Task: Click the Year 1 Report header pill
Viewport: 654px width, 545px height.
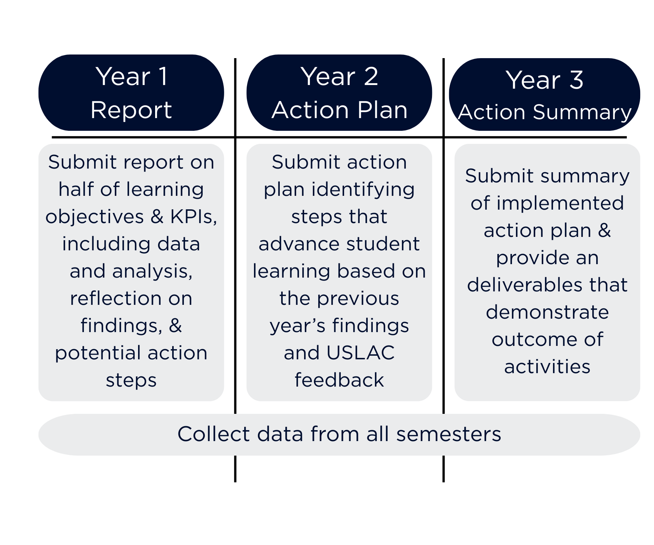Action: (131, 93)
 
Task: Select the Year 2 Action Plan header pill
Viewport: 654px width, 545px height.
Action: (339, 93)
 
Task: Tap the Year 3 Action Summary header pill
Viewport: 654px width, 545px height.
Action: (544, 94)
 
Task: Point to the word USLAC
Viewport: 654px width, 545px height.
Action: (360, 353)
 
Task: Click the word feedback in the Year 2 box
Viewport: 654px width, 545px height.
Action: (339, 380)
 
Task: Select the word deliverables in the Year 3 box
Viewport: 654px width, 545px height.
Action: (526, 285)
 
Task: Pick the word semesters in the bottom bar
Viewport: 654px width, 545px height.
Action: (449, 434)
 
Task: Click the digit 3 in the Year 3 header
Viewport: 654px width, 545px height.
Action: (577, 80)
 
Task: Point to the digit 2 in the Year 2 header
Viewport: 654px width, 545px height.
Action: (371, 77)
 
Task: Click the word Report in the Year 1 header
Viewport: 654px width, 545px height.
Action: (131, 110)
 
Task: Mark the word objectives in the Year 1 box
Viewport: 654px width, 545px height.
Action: (94, 217)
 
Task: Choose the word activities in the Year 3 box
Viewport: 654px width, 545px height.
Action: (547, 367)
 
